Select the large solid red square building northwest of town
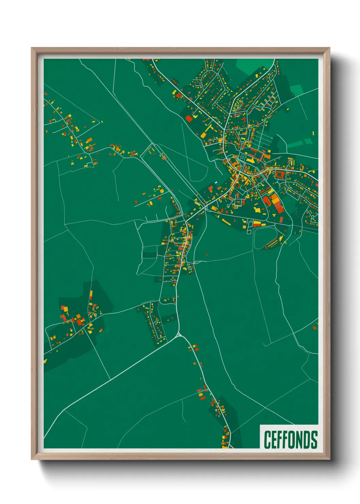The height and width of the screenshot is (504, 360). tap(189, 119)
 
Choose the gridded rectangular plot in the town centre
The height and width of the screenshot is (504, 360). tap(244, 157)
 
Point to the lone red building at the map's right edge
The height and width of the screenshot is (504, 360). tap(315, 327)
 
